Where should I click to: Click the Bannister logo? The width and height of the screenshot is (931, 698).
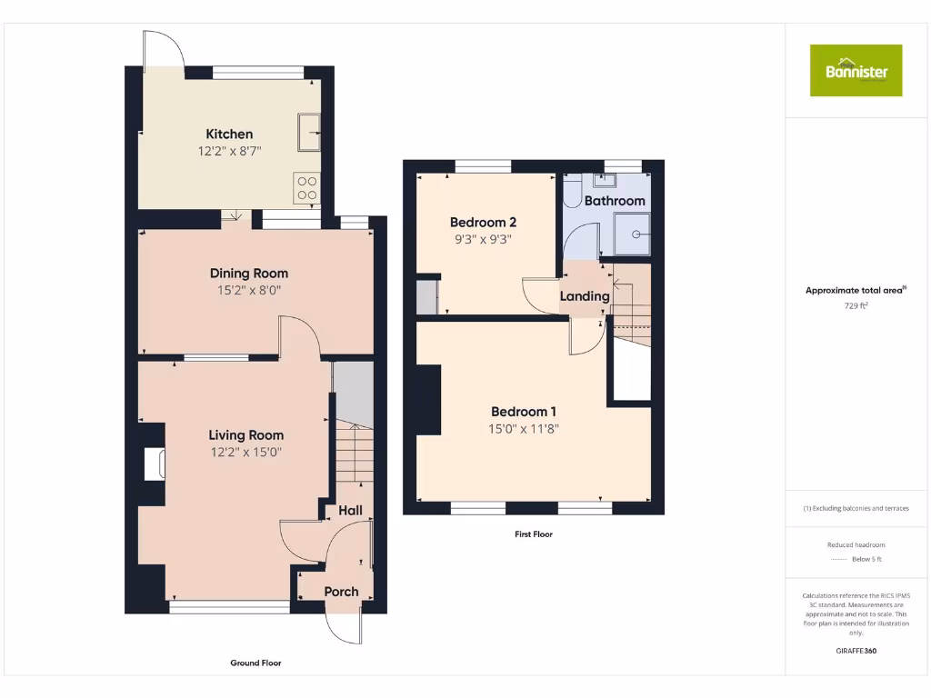click(856, 70)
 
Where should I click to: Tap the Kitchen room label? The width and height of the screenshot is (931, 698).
click(229, 134)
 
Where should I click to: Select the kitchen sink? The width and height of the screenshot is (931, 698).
click(307, 133)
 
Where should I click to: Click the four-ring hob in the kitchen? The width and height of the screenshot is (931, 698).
click(307, 186)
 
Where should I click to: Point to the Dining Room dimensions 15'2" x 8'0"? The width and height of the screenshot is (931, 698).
click(248, 291)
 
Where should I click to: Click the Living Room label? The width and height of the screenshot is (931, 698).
click(245, 435)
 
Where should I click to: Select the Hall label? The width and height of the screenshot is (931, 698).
click(350, 511)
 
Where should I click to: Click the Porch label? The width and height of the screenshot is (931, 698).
click(342, 592)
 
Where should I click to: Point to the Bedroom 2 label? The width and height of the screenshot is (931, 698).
click(483, 223)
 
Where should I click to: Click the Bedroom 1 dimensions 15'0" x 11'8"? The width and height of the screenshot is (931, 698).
click(522, 429)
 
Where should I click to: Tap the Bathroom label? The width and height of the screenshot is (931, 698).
click(615, 201)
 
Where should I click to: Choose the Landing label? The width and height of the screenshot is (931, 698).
click(584, 296)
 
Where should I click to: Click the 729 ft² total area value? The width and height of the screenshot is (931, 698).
click(856, 306)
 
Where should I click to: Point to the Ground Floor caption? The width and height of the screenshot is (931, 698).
click(255, 663)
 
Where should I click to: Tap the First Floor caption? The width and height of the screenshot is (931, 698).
click(533, 534)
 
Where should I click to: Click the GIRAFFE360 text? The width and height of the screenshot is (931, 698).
click(856, 651)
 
